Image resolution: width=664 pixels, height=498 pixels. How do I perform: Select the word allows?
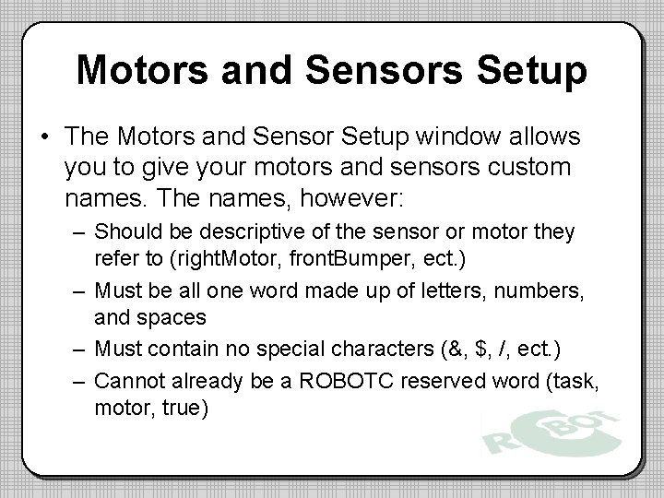[x=548, y=137]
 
